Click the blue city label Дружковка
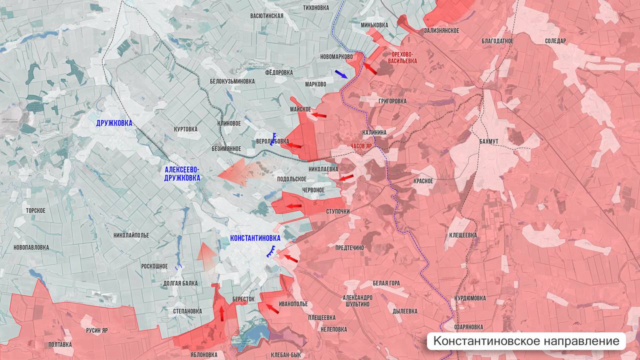coord(114,123)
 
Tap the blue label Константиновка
coord(255,238)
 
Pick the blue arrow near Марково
coord(341,74)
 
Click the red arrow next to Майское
coord(318,115)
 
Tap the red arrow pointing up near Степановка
coord(221,313)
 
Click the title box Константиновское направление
coord(526,341)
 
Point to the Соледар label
coord(555,41)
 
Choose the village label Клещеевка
coord(462,235)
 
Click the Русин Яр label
coord(97,330)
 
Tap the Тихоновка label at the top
coord(316,7)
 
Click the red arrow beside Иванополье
coord(272,308)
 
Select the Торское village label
coord(36,210)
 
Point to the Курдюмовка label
coord(469,298)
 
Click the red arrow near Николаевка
coord(346,177)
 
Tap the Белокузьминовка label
coord(232,81)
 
